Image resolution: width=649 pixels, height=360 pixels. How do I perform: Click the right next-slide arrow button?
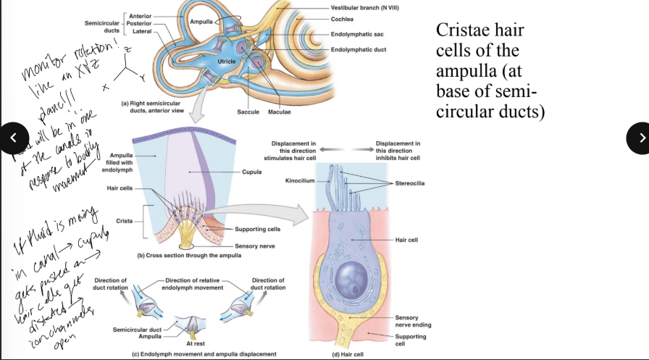[x=637, y=138]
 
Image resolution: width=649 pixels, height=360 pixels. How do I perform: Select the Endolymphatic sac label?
[x=356, y=34]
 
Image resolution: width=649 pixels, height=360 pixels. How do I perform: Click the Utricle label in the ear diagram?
[x=227, y=67]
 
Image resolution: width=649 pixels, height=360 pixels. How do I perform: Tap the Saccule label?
[x=248, y=112]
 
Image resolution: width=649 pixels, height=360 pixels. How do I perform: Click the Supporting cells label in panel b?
[x=253, y=230]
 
